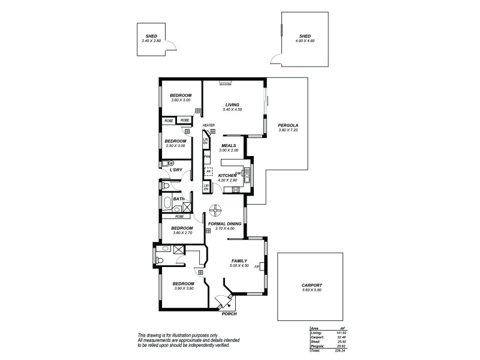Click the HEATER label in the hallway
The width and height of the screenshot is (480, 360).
tap(208, 125)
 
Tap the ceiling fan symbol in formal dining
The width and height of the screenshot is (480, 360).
tap(215, 211)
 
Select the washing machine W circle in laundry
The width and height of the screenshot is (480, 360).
tap(171, 163)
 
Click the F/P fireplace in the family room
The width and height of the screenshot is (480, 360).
tap(257, 266)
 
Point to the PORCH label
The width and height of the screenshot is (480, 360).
tap(229, 314)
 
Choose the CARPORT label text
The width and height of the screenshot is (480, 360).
tap(312, 285)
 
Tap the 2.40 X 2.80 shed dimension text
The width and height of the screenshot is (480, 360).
tap(151, 40)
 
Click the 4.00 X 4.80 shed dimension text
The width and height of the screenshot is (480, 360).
tap(305, 40)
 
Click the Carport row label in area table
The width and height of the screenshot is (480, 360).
tap(317, 337)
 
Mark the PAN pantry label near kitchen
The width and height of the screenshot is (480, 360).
tap(206, 157)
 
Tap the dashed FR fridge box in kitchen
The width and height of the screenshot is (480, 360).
tap(209, 171)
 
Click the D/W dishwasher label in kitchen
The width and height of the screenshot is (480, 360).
tap(238, 173)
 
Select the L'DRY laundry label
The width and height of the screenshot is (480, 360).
tap(176, 170)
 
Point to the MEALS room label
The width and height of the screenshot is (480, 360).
tap(229, 145)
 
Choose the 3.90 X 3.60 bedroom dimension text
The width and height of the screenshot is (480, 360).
tap(184, 289)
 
